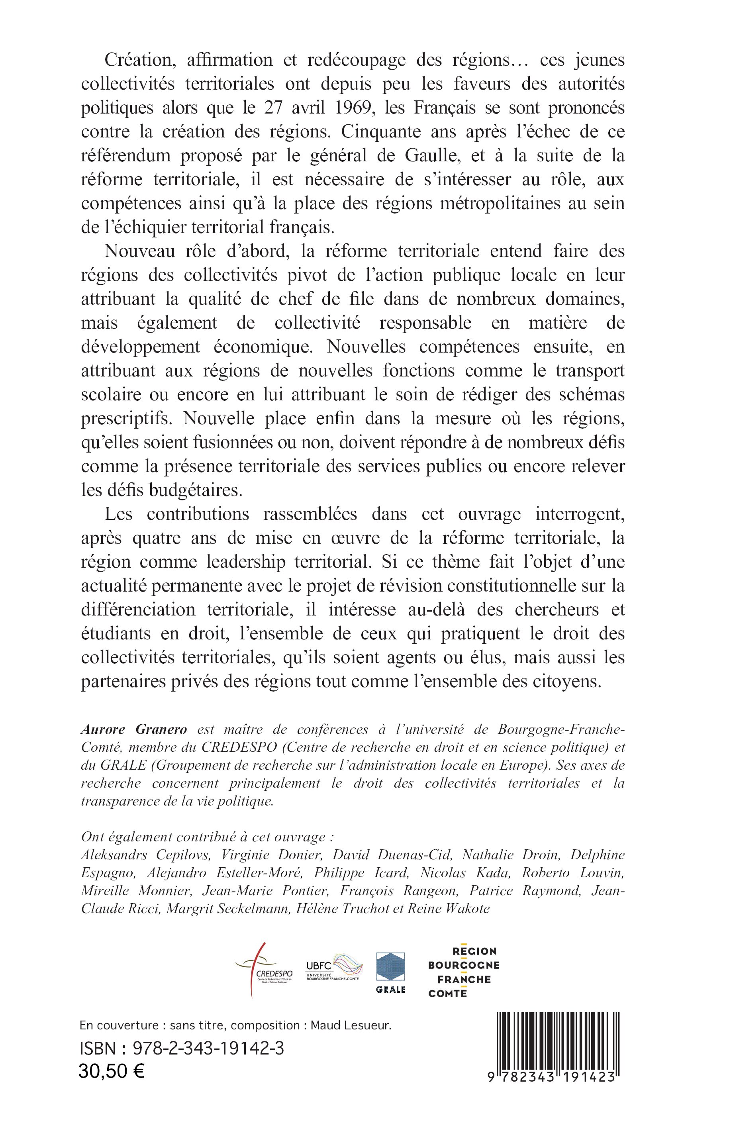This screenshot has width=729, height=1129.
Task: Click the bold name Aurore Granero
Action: pos(134,730)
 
